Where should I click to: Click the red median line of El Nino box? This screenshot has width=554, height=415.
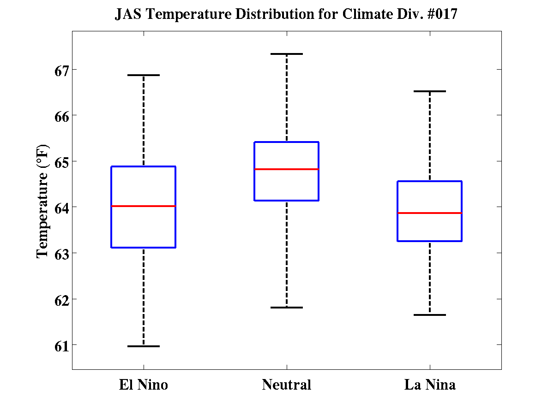[143, 206]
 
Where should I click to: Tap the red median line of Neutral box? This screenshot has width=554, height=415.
[286, 169]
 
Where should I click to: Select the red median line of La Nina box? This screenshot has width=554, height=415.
[430, 213]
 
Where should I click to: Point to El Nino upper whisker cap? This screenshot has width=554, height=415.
[143, 75]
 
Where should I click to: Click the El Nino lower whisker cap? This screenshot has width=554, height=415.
[143, 346]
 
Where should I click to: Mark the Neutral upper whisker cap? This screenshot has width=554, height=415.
[286, 54]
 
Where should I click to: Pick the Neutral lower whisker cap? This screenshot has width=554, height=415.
[286, 307]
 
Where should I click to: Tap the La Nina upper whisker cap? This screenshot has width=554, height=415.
[430, 91]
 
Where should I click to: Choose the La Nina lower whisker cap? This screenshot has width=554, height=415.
[430, 315]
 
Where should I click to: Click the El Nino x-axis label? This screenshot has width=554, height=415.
[143, 385]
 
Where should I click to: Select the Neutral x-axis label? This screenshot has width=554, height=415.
[286, 385]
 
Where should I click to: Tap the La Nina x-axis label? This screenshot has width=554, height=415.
[430, 385]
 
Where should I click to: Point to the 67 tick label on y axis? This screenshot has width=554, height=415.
[59, 71]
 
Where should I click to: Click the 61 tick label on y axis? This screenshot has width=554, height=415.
[59, 345]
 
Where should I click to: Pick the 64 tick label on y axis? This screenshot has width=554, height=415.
[59, 208]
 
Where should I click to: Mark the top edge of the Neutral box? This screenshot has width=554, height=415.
[286, 142]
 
